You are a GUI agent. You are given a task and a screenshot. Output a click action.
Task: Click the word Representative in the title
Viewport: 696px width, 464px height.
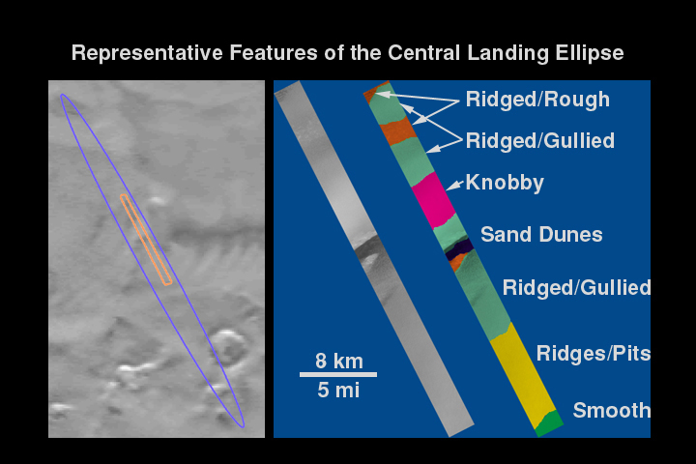point(147,53)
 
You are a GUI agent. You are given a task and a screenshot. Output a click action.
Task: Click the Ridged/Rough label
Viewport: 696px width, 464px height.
point(537,100)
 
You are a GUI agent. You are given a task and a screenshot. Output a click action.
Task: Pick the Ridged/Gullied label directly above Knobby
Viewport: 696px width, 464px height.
point(539,141)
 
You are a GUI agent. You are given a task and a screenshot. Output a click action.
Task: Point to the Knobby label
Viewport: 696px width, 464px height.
point(505,183)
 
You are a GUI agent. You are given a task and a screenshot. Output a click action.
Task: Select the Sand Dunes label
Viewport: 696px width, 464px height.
point(541,235)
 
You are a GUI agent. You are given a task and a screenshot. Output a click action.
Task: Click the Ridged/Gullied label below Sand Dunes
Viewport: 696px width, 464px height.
point(576,288)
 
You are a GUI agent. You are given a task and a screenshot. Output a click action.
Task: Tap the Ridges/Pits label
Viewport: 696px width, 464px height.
point(593,354)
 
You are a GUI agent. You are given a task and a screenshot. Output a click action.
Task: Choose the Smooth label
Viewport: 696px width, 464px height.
point(611,410)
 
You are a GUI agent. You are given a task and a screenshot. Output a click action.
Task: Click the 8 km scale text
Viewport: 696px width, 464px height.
point(339,361)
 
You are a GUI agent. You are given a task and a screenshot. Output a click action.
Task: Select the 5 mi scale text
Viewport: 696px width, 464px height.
point(338,391)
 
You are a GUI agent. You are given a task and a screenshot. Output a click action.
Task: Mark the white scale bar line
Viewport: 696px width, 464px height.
point(338,375)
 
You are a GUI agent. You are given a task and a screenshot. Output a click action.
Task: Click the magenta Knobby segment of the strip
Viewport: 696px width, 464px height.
point(433,201)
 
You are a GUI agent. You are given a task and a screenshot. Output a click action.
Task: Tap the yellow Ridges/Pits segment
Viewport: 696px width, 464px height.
point(522,374)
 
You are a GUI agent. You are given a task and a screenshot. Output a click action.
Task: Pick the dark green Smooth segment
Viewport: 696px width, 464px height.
point(549,423)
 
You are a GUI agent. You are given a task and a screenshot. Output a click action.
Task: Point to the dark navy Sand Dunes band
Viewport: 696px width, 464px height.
point(459,249)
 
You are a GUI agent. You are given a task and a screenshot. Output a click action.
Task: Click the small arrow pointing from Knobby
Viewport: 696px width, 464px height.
point(454,186)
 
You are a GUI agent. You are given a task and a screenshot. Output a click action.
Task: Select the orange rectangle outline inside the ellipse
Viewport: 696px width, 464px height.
point(146,240)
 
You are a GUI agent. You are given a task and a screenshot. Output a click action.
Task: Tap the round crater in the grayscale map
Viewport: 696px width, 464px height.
point(228,347)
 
